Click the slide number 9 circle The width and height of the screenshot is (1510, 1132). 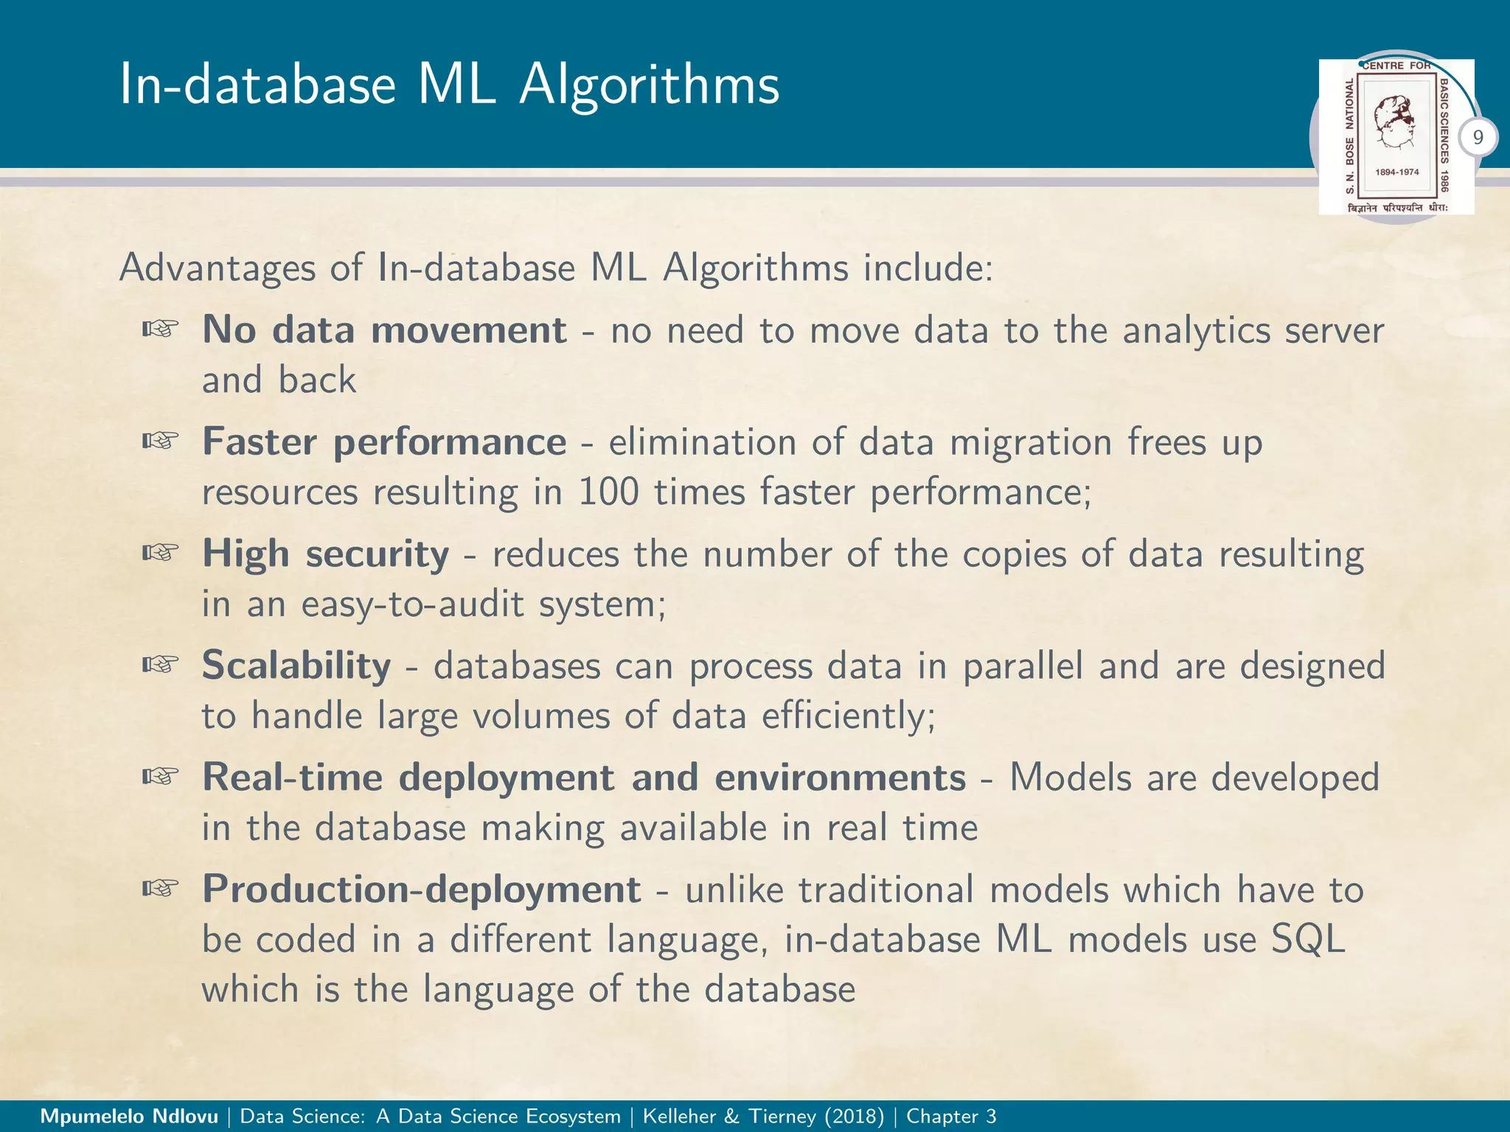[x=1478, y=138]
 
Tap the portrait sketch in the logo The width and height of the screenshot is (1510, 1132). [x=1396, y=122]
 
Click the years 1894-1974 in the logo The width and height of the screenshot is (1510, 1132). [x=1396, y=172]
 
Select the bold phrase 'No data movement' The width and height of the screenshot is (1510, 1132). [x=384, y=329]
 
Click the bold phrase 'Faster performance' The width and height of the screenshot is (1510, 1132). [x=384, y=441]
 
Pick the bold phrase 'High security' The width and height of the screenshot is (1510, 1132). [x=325, y=553]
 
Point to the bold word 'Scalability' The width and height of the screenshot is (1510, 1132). [x=296, y=665]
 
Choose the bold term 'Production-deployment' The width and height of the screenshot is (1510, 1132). [x=421, y=889]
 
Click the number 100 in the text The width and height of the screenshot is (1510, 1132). [x=608, y=492]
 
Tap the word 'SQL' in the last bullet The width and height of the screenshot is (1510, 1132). [x=1308, y=939]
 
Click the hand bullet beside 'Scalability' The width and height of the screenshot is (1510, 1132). [x=161, y=665]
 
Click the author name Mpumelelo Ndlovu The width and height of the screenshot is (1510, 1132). [x=129, y=1117]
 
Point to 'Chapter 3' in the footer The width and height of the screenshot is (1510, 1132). [x=951, y=1117]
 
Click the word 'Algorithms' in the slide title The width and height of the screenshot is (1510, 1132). [x=649, y=85]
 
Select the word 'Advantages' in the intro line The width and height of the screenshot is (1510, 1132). [x=217, y=268]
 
